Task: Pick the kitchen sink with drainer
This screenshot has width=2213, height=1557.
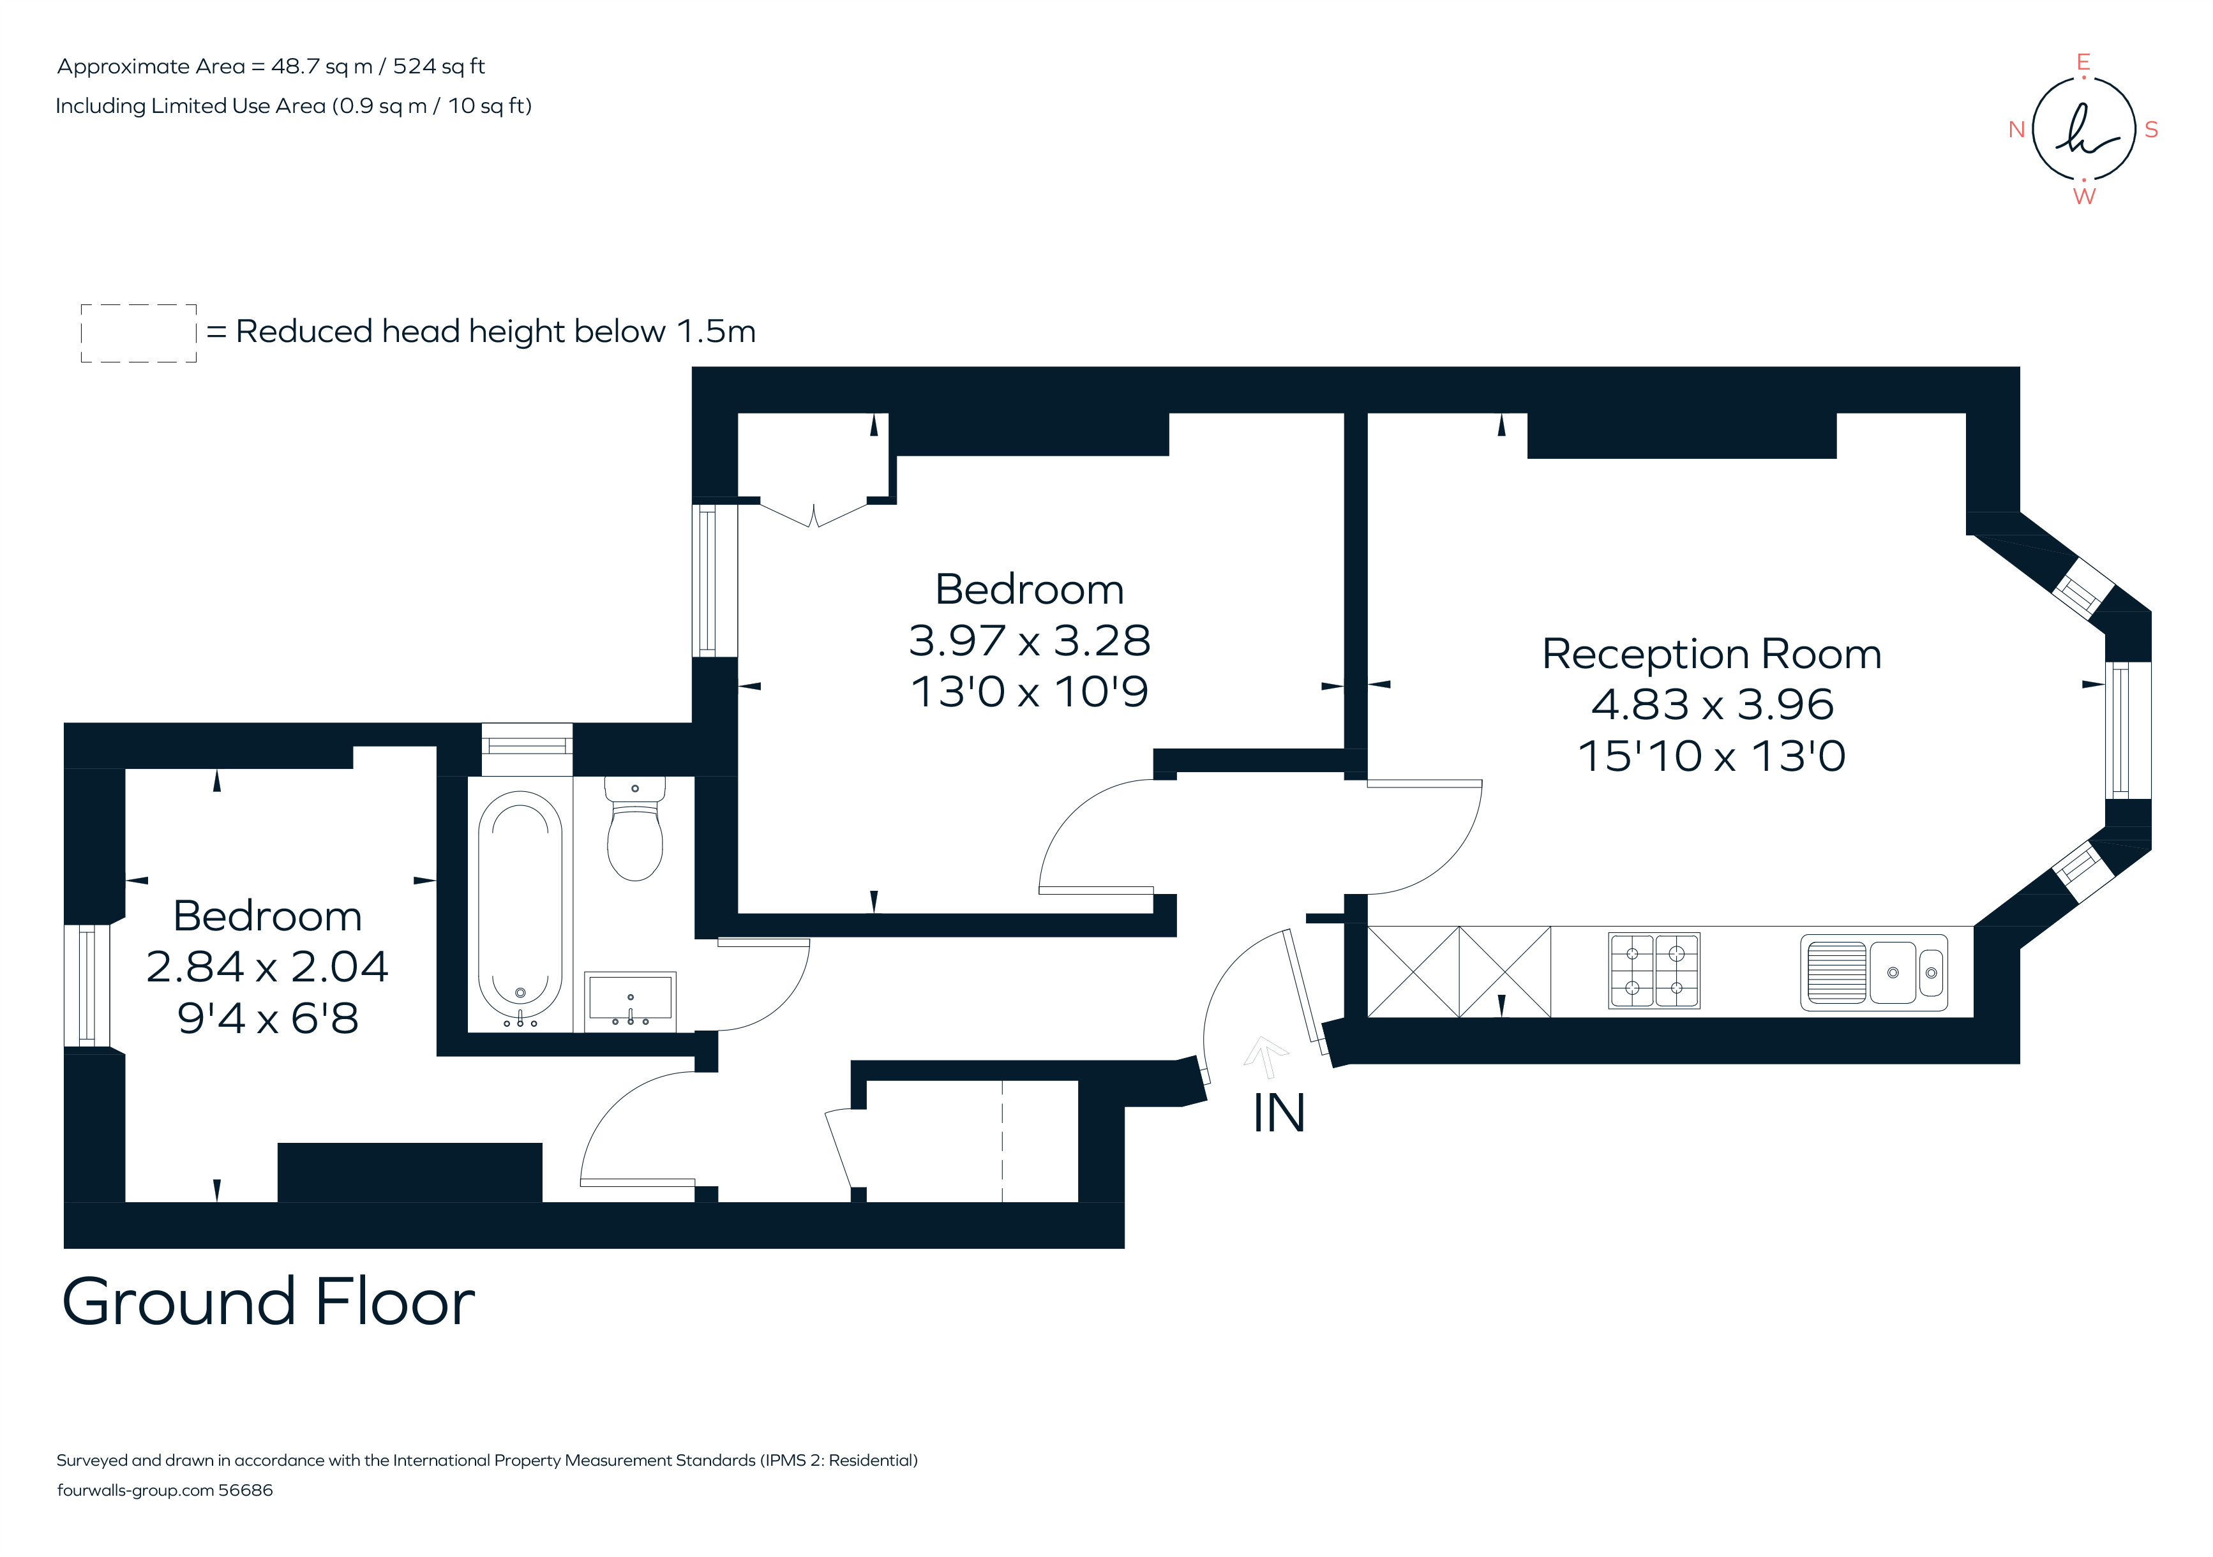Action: coord(1873,973)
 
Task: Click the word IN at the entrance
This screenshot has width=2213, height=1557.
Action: coord(1278,1114)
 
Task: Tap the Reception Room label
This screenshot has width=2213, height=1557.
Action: coord(1711,654)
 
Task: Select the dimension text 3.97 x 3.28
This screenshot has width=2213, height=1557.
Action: coord(1030,641)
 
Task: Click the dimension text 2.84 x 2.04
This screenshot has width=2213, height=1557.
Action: coord(267,966)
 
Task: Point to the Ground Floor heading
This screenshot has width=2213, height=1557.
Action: coord(268,1302)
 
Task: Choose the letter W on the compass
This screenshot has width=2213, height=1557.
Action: coord(2084,197)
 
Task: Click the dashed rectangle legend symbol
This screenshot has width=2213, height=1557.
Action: coord(139,333)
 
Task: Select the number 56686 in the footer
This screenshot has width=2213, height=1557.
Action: coord(246,1491)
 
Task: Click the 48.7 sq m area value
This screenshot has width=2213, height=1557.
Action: coord(322,66)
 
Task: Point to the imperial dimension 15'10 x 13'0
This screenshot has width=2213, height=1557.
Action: coord(1711,756)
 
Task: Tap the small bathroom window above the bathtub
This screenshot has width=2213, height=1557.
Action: coord(526,747)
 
